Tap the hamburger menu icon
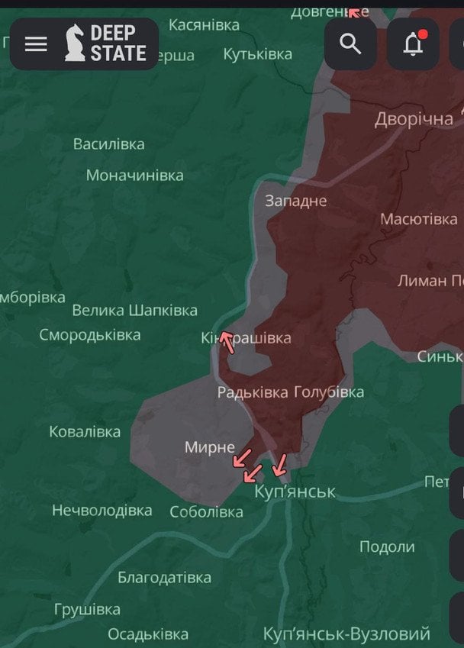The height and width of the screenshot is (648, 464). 36,44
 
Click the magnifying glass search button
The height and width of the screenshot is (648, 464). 350,44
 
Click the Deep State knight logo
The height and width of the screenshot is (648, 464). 75,44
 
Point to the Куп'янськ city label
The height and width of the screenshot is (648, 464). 295,492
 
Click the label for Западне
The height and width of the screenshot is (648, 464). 295,201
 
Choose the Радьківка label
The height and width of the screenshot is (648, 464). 252,392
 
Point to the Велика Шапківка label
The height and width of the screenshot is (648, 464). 134,310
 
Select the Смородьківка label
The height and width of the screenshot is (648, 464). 90,335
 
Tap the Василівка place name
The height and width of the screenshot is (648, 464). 108,143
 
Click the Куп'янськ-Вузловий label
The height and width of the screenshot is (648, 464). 346,634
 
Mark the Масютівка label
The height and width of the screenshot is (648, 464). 419,219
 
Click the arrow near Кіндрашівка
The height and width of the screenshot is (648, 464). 227,341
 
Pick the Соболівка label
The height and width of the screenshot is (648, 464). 206,512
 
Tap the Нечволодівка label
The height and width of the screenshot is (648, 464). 101,510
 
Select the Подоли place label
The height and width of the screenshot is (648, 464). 387,546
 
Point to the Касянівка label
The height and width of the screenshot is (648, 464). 204,25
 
